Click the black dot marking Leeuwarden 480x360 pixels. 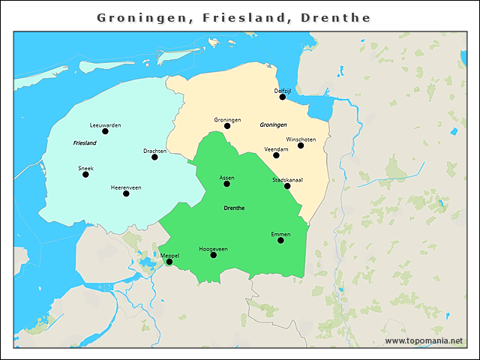pyautogui.click(x=105, y=131)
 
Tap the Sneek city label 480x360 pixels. pyautogui.click(x=85, y=168)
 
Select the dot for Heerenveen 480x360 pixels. pyautogui.click(x=126, y=193)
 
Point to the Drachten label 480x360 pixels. pyautogui.click(x=154, y=151)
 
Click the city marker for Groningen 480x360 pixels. pyautogui.click(x=227, y=126)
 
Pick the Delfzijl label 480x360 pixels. pyautogui.click(x=282, y=90)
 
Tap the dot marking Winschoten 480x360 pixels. pyautogui.click(x=301, y=145)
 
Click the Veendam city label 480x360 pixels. pyautogui.click(x=276, y=149)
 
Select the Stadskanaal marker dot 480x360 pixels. pyautogui.click(x=287, y=186)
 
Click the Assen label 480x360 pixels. pyautogui.click(x=226, y=178)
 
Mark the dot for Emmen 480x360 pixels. pyautogui.click(x=280, y=240)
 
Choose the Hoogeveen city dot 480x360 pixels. pyautogui.click(x=213, y=255)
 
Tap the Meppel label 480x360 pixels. pyautogui.click(x=169, y=256)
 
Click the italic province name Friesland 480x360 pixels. pyautogui.click(x=85, y=142)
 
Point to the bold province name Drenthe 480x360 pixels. pyautogui.click(x=234, y=208)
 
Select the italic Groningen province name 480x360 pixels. pyautogui.click(x=273, y=124)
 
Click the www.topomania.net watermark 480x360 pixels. pyautogui.click(x=424, y=340)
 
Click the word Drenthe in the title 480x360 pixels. pyautogui.click(x=335, y=17)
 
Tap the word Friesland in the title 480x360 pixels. pyautogui.click(x=244, y=17)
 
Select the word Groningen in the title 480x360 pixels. pyautogui.click(x=143, y=17)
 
